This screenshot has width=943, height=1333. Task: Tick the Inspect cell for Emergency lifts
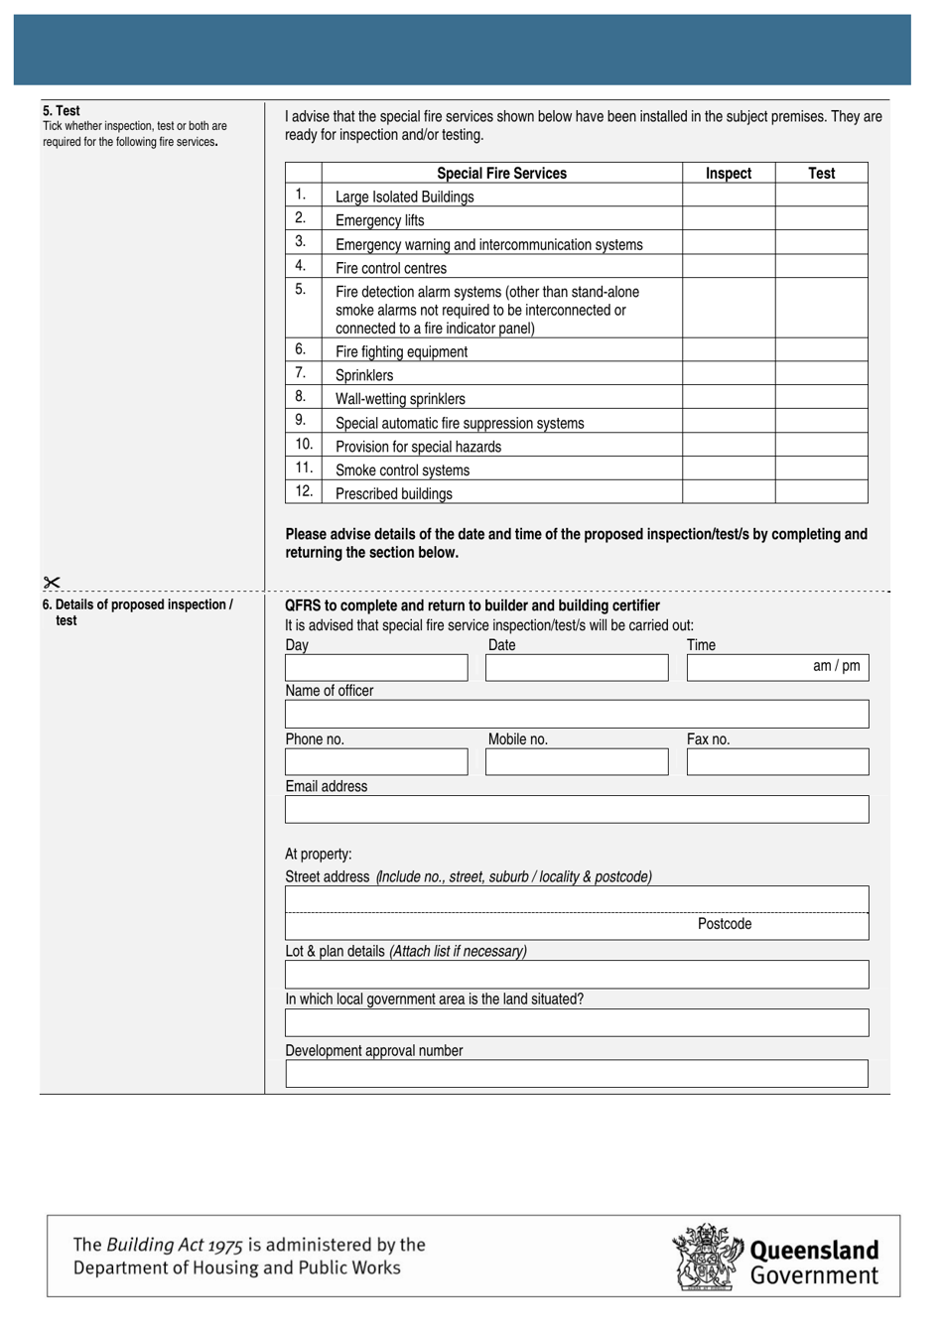click(x=728, y=219)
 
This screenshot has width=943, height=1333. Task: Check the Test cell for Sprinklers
click(x=821, y=374)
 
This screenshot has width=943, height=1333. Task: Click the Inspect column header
click(x=728, y=173)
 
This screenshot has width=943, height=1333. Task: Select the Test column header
click(x=821, y=173)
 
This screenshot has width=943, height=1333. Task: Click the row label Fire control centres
click(x=391, y=268)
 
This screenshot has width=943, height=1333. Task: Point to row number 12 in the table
click(x=304, y=491)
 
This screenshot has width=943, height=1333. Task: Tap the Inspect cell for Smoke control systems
click(x=728, y=468)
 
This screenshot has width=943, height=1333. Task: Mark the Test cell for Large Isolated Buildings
click(x=821, y=196)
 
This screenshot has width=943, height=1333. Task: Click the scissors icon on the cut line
click(x=52, y=583)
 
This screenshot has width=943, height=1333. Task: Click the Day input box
click(x=376, y=668)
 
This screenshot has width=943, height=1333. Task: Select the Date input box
click(x=577, y=668)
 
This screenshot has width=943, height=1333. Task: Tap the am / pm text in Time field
click(x=836, y=666)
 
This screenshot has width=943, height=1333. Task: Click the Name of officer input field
click(x=577, y=715)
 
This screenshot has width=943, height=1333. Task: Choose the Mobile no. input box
click(x=577, y=762)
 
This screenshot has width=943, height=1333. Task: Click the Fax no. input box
click(x=777, y=762)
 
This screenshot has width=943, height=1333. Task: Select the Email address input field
click(x=577, y=810)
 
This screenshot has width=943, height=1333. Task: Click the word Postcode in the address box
click(x=725, y=924)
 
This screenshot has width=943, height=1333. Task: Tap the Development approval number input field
click(x=577, y=1074)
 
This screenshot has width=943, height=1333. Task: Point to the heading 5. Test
click(x=62, y=111)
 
